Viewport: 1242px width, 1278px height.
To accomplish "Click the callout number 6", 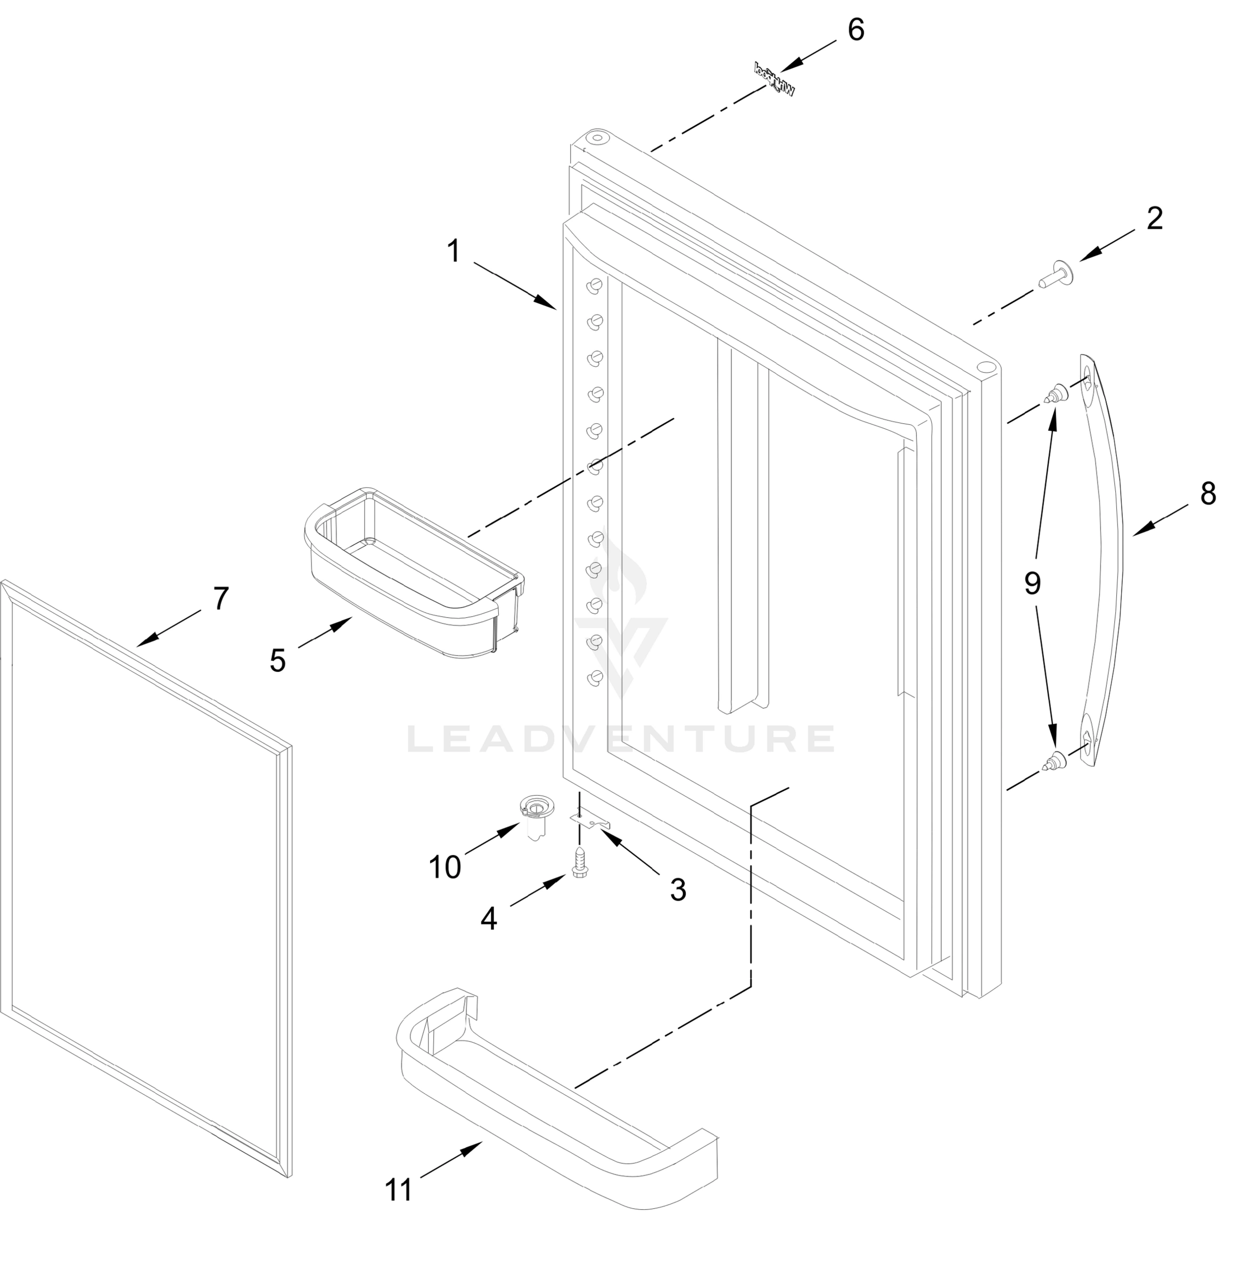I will [x=856, y=30].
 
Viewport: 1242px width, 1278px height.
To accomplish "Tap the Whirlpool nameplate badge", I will [x=774, y=78].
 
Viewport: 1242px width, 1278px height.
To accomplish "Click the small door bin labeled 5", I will [x=414, y=572].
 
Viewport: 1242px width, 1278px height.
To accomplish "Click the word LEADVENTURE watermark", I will [x=620, y=739].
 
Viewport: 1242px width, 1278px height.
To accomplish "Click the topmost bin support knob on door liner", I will [x=595, y=285].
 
